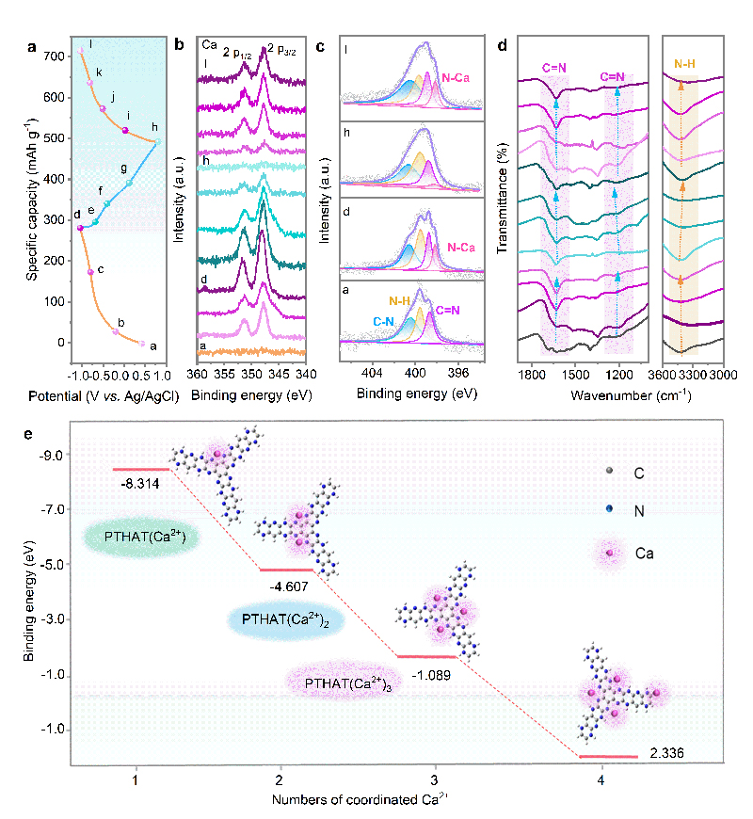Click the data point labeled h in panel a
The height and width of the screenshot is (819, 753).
[x=158, y=142]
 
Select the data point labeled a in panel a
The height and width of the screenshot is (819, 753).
[x=142, y=344]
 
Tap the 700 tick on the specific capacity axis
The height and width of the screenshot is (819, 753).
[x=56, y=56]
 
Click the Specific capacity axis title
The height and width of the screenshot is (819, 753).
[x=31, y=198]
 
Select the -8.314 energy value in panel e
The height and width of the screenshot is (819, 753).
[x=139, y=482]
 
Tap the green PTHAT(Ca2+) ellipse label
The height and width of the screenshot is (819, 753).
[x=137, y=538]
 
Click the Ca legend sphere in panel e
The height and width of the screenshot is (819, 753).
[x=609, y=554]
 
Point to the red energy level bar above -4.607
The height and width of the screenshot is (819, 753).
[x=286, y=569]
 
